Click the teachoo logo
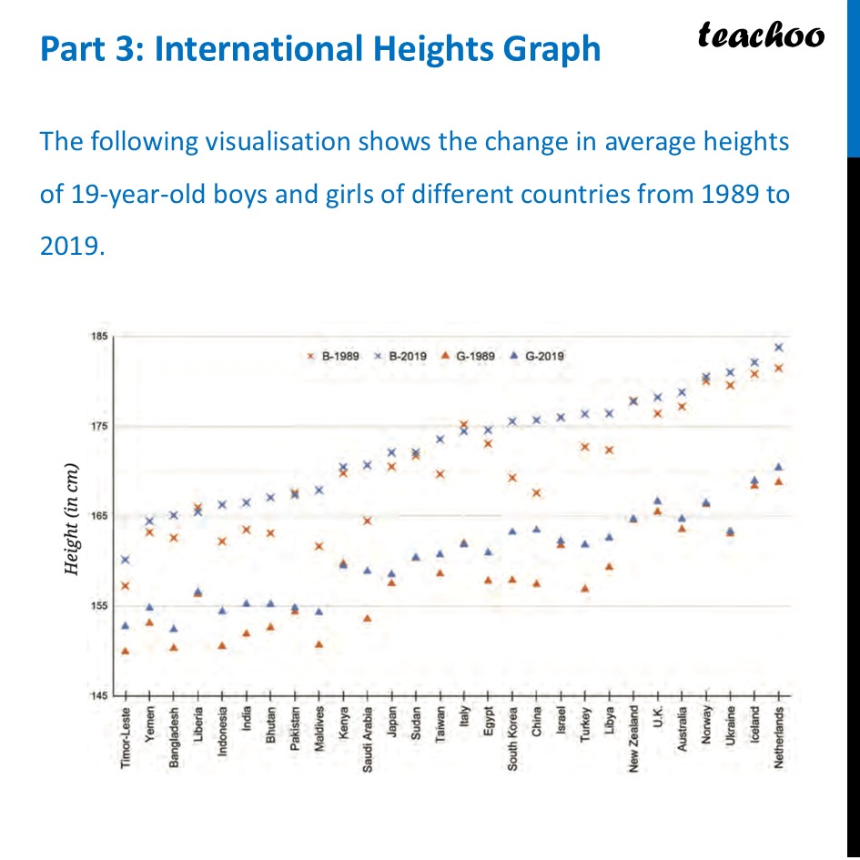click(x=761, y=35)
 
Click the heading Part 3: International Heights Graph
click(x=319, y=48)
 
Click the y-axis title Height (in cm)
click(x=71, y=520)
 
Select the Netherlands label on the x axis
click(x=778, y=738)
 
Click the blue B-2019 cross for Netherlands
click(x=778, y=347)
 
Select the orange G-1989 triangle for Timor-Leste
click(x=125, y=651)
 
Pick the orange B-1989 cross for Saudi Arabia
click(x=367, y=521)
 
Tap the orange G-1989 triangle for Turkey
click(x=585, y=589)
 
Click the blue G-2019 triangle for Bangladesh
click(x=174, y=628)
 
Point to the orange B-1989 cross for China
click(x=536, y=492)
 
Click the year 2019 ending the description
click(x=68, y=247)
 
